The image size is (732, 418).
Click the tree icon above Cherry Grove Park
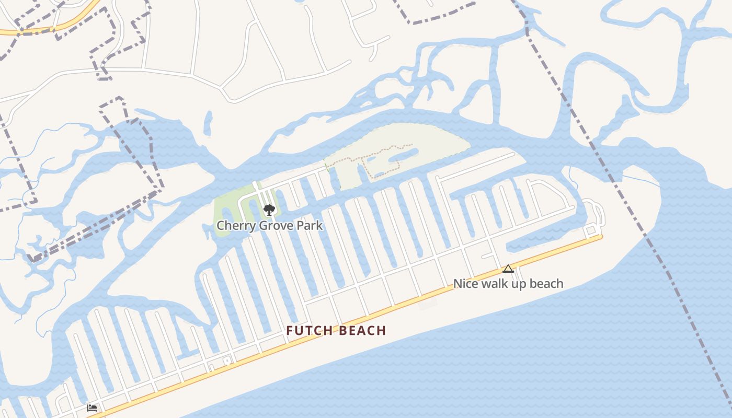pyautogui.click(x=269, y=210)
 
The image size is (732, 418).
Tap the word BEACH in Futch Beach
pyautogui.click(x=362, y=331)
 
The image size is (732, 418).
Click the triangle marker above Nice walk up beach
pyautogui.click(x=508, y=269)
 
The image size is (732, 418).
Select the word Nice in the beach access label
pyautogui.click(x=464, y=284)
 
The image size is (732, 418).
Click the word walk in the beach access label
pyautogui.click(x=491, y=284)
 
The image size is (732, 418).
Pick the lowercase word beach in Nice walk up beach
pyautogui.click(x=546, y=284)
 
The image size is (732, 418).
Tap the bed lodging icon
pyautogui.click(x=92, y=408)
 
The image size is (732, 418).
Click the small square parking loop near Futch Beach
pyautogui.click(x=226, y=360)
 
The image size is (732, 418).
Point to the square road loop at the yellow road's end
pyautogui.click(x=591, y=230)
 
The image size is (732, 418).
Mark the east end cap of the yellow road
pyautogui.click(x=601, y=236)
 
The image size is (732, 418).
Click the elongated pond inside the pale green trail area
pyautogui.click(x=403, y=155)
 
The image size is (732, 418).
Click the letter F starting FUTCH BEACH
pyautogui.click(x=290, y=331)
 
